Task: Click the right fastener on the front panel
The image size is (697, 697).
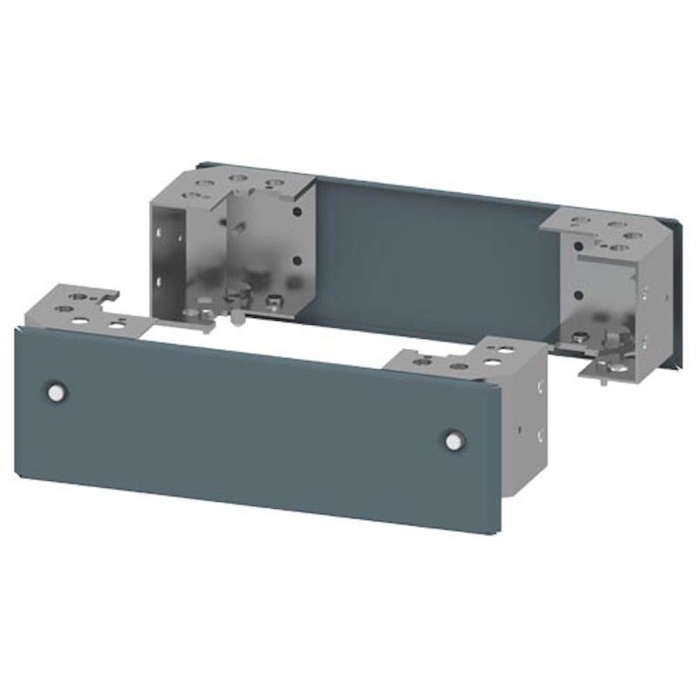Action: tap(452, 441)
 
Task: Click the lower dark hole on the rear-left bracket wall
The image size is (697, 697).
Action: tap(297, 259)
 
